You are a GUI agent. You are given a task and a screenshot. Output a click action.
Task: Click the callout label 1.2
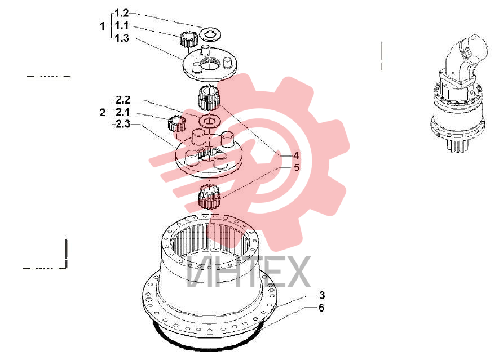[x=122, y=14]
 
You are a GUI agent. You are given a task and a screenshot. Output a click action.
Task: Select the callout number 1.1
[x=122, y=25]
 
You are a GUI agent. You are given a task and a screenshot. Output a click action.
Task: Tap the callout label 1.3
[x=122, y=38]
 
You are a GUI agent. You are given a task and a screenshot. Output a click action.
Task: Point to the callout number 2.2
[x=123, y=100]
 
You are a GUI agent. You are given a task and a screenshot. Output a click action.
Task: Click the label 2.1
[x=122, y=112]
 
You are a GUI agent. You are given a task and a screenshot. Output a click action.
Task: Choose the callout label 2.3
[x=123, y=124]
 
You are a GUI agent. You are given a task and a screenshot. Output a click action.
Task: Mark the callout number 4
[x=296, y=156]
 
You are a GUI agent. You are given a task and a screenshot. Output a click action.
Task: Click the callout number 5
[x=297, y=167]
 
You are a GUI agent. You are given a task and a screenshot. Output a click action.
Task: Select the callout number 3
[x=322, y=295]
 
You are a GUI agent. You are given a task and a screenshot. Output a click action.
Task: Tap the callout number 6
[x=321, y=308]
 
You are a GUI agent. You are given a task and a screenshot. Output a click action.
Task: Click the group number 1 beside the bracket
[x=102, y=26]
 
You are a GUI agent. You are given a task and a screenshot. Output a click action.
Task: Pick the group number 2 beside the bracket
[x=102, y=113]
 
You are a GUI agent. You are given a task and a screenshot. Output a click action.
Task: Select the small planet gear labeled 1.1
[x=189, y=39]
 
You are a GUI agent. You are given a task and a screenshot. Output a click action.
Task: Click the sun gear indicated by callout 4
[x=209, y=97]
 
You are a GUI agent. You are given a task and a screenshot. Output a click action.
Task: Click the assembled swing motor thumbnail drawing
[x=458, y=93]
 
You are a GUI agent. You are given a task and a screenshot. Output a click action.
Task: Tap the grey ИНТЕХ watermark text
[x=248, y=272]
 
